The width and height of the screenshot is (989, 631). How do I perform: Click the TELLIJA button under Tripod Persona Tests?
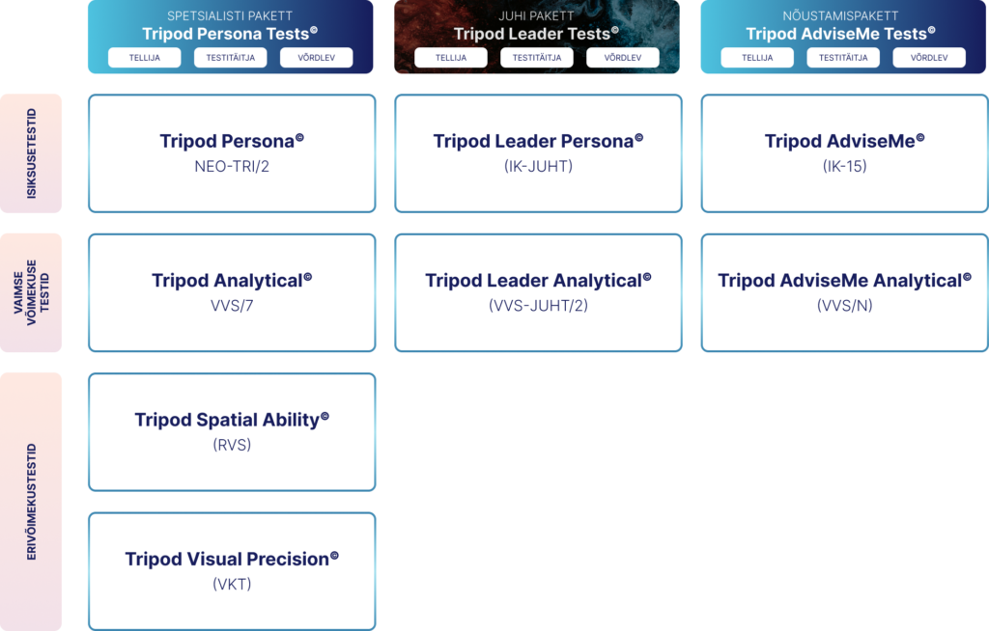click(145, 57)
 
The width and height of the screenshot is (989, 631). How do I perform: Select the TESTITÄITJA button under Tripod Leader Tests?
click(537, 57)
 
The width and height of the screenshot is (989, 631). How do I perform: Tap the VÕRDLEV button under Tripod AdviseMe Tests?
click(929, 57)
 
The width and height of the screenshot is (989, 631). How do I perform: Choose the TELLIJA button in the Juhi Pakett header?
click(451, 57)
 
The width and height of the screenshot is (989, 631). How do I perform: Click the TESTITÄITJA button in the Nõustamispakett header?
click(843, 57)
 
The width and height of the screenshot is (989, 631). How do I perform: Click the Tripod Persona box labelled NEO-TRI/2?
click(232, 153)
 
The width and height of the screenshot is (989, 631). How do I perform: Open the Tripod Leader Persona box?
click(538, 153)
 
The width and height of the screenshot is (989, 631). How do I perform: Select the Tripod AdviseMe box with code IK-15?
click(844, 153)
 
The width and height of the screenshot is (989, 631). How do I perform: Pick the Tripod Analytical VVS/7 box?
click(232, 292)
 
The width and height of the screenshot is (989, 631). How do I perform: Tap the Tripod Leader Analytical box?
click(538, 292)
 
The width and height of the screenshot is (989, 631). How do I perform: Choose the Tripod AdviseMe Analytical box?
click(844, 292)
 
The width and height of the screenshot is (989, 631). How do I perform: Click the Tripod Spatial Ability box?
click(232, 432)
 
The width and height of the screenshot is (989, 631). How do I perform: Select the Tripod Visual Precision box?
click(232, 571)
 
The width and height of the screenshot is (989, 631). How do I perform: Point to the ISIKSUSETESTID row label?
click(31, 153)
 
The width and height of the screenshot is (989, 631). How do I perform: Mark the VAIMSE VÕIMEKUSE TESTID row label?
click(31, 292)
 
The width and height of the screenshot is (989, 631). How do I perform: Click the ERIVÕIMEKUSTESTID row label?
click(31, 502)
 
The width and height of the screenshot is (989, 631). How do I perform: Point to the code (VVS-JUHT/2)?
click(538, 306)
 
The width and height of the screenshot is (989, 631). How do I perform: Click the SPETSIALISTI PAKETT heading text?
click(230, 15)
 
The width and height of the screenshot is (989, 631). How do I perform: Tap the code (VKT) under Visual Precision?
click(232, 585)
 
